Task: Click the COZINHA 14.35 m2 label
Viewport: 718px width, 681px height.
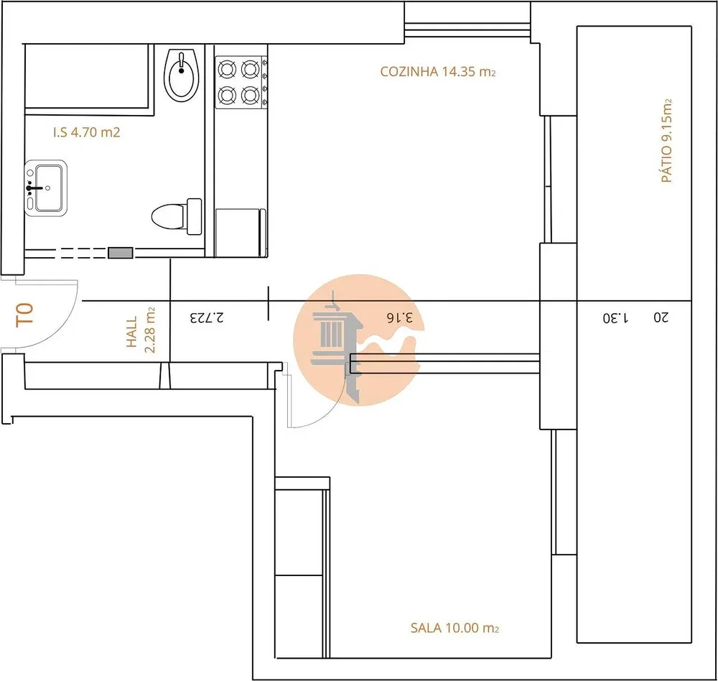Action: [438, 72]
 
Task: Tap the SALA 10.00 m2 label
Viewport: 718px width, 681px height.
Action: [454, 627]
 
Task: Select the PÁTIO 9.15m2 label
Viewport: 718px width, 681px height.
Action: [667, 140]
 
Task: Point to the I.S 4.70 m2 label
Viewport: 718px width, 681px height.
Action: [87, 132]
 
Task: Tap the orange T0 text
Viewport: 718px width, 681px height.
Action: [24, 314]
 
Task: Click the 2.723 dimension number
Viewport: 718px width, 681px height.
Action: [208, 317]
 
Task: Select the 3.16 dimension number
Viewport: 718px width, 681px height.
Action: [400, 317]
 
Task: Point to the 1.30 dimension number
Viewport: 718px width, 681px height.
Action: [615, 317]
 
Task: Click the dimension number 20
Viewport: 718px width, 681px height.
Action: [661, 317]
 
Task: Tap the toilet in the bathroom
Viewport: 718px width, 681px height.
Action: [177, 216]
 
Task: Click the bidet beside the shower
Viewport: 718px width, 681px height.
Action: [182, 75]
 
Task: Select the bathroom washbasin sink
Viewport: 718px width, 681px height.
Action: [46, 188]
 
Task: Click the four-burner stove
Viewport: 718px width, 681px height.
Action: [241, 83]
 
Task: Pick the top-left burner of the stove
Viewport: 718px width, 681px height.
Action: [227, 70]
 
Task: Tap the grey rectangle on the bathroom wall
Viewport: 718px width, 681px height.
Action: [121, 253]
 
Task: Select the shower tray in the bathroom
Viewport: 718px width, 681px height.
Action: [87, 76]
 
